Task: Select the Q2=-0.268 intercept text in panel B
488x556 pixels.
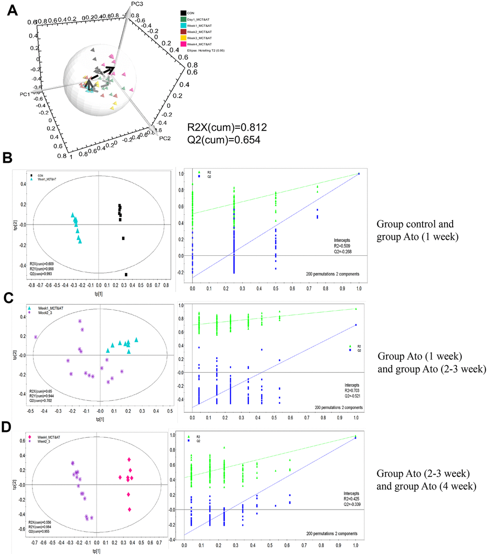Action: [344, 249]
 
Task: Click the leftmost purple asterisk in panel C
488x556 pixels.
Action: [36, 337]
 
